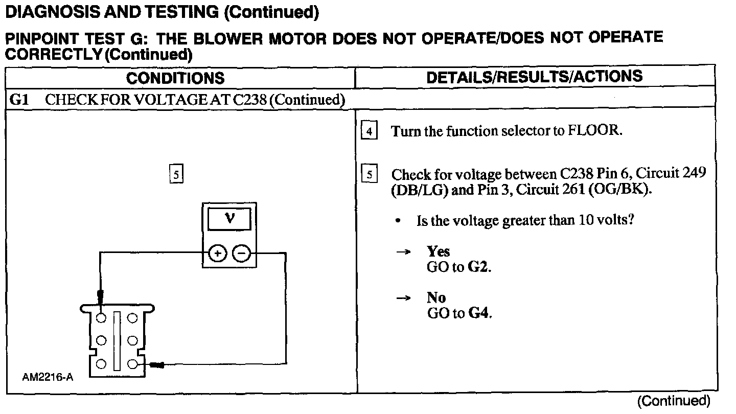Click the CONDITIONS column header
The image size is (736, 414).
tap(175, 78)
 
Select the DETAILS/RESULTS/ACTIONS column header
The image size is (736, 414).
tap(534, 77)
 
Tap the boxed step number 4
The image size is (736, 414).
tap(369, 131)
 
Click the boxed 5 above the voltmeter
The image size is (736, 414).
tap(175, 175)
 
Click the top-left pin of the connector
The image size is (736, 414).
tap(102, 318)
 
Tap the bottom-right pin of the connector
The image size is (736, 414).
tap(132, 364)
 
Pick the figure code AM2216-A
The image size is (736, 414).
tap(48, 378)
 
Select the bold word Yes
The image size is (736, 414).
tap(439, 251)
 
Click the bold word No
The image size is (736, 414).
tap(436, 298)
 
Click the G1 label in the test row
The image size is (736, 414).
tap(20, 100)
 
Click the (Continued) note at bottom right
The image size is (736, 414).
tap(674, 401)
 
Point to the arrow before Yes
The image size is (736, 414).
tap(404, 252)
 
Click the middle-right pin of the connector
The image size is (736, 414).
tap(132, 340)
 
